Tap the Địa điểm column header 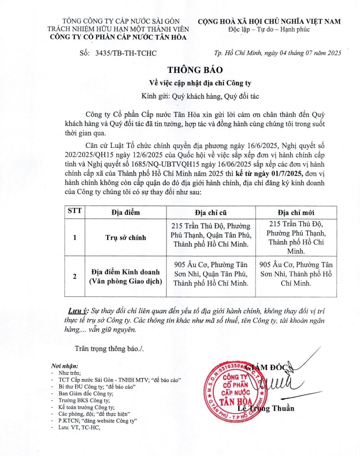pos(125,212)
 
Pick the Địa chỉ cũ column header pos(210,212)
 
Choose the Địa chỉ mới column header pos(296,212)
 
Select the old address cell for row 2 pos(211,274)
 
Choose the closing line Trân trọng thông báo pos(109,349)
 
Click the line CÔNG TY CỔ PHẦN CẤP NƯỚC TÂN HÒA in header pos(119,37)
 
